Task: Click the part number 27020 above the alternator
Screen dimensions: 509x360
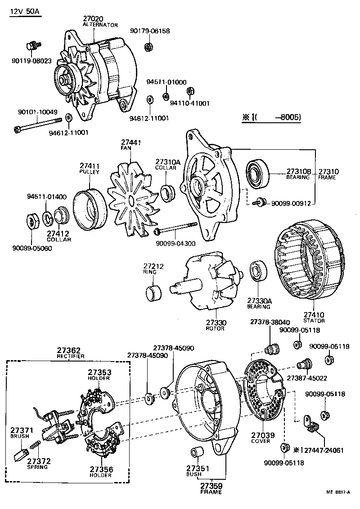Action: click(x=94, y=19)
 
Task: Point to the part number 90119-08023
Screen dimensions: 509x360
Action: click(x=31, y=60)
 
